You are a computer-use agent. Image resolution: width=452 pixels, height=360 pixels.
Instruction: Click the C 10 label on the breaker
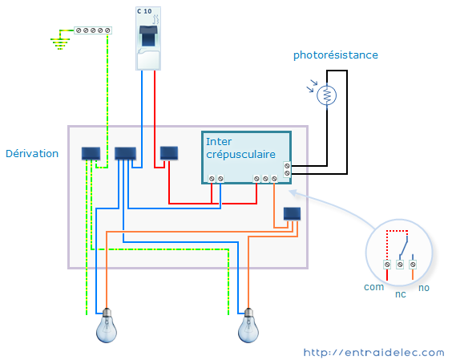coord(144,11)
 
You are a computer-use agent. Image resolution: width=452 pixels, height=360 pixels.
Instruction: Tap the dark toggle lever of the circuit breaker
coord(148,35)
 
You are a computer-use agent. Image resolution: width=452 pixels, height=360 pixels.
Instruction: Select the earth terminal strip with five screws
coord(93,30)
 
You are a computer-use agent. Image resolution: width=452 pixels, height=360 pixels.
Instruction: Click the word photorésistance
coord(336,55)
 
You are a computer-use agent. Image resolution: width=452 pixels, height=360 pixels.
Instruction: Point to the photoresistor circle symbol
coord(327,95)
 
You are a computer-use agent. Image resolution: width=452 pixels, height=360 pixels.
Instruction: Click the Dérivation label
coord(32,153)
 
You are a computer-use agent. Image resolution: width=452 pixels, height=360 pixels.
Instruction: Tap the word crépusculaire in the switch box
coord(240,155)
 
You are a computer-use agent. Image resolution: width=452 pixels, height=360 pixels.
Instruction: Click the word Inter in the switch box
coord(219,142)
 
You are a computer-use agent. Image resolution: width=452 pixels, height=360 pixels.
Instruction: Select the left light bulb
coord(107,326)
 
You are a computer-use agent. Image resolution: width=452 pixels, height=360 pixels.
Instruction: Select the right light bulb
coord(248,326)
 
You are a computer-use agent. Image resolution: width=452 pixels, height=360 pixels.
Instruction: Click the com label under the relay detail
coord(374,287)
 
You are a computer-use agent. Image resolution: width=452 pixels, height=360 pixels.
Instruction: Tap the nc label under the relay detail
coord(401,294)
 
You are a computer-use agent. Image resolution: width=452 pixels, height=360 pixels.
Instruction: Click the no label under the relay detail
coord(424,288)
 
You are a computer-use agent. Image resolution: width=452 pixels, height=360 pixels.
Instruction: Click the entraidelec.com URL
coord(374,353)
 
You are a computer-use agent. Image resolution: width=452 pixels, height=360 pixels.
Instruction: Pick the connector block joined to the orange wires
coord(292,214)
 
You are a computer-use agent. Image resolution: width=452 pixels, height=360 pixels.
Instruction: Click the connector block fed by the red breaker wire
coord(169,153)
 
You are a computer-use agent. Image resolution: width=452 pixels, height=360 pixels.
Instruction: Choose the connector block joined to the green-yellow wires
coord(91,153)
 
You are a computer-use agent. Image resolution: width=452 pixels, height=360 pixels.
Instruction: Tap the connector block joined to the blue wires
coord(125,153)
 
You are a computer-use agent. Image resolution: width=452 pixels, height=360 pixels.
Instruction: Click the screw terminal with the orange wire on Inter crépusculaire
coord(274,179)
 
